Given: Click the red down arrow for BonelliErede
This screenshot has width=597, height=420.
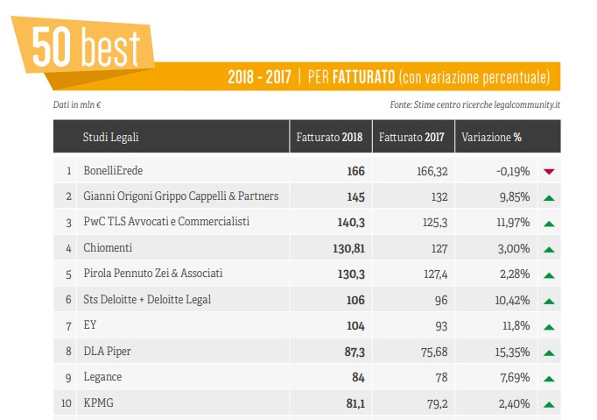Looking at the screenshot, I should coord(550,171).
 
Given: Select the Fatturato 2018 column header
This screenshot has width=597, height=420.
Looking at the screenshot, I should coord(329,137).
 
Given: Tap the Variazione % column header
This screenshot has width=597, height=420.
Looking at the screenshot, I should coord(491,137).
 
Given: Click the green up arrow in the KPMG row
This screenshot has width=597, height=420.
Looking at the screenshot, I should coord(550,404).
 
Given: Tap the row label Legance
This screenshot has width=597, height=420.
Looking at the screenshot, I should coord(102,378).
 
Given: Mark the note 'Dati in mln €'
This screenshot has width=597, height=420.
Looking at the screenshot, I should coord(77,105).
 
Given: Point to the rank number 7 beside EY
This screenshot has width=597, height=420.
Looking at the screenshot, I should coord(68,326).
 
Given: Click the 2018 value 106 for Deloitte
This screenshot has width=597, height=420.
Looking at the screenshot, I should coord(355,300).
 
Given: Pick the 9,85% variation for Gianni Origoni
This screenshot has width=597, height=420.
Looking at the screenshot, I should coord(513,196).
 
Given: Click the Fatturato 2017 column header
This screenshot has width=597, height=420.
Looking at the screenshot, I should coord(411,137).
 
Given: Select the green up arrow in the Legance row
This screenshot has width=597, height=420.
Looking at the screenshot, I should coord(550,379).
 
